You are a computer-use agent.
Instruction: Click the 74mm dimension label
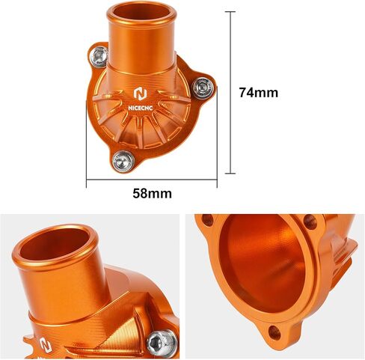pos(259,92)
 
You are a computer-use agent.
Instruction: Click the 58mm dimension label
pos(152,193)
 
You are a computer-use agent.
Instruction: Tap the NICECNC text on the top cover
pos(141,108)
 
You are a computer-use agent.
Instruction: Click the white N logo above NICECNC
pos(141,94)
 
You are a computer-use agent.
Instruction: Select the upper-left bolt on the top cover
pos(99,56)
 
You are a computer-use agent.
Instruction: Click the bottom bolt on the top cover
pos(123,160)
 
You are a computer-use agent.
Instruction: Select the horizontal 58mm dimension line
pos(152,179)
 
